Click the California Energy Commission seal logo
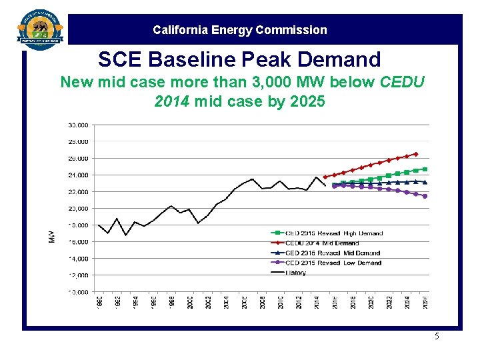pos(41,28)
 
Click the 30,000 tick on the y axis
pos(78,125)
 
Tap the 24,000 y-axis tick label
pos(78,175)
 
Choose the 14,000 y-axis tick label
pos(78,258)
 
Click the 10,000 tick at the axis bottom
pos(78,292)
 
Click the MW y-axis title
pos(51,236)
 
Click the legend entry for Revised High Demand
pos(333,233)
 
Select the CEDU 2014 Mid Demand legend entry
pos(323,243)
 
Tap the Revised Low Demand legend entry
pos(333,263)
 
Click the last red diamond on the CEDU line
pos(416,154)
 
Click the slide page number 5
pos(437,336)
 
